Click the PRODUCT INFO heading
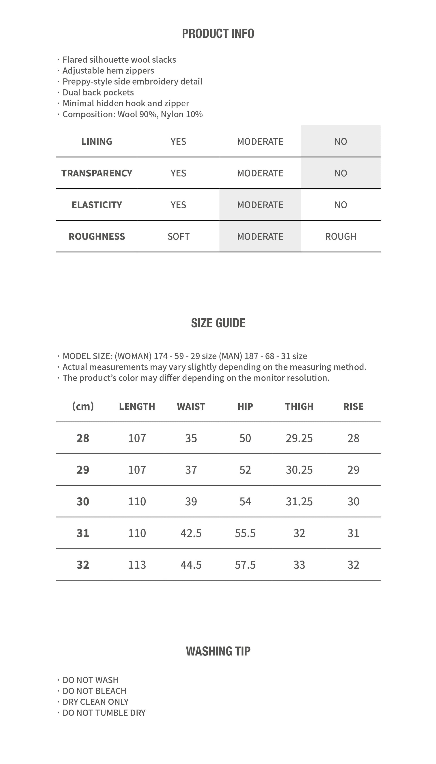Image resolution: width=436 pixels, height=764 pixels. pos(218,34)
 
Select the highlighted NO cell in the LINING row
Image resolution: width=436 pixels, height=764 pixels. pos(341,142)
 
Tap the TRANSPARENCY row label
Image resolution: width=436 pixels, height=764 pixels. pos(97,173)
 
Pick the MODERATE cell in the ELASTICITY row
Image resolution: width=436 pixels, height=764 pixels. pos(260,205)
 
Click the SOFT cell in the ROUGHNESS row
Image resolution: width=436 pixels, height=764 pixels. pos(179,236)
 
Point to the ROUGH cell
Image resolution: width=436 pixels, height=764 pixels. pos(341,236)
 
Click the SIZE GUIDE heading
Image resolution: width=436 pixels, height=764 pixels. pos(218,323)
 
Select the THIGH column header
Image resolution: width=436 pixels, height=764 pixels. pos(299,406)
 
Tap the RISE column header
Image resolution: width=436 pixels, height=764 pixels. pos(353,406)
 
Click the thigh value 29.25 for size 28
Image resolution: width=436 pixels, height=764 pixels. pos(299,438)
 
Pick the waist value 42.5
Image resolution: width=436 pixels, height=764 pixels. pos(191,533)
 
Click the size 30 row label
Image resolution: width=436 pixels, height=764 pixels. pos(83,501)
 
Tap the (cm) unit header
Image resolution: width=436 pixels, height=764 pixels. pos(83,406)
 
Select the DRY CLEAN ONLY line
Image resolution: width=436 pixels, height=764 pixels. pos(95,702)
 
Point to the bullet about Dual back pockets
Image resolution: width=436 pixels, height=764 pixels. pos(98,92)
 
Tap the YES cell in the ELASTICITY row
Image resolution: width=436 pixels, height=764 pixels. pos(179,205)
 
